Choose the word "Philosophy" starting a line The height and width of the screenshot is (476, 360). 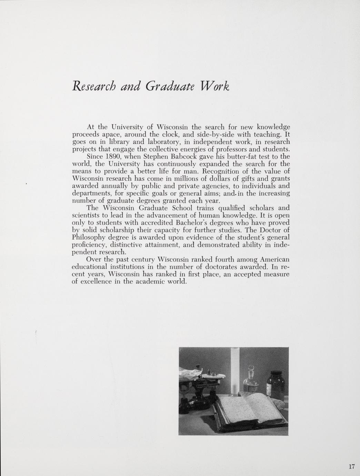coord(88,238)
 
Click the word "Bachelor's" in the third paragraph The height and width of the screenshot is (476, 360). coord(190,223)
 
